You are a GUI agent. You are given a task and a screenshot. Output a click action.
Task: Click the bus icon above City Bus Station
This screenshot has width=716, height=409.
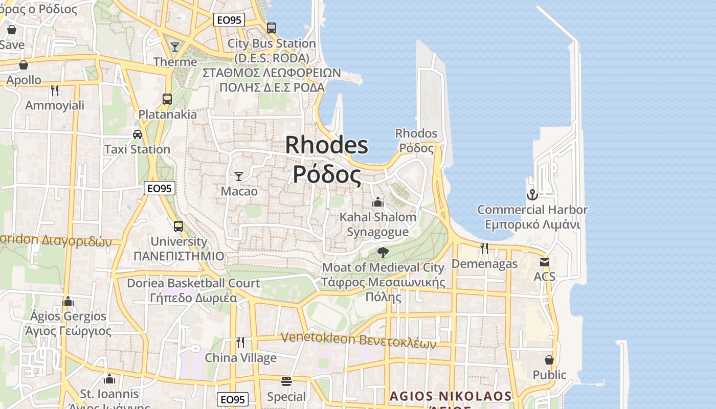tap(272, 28)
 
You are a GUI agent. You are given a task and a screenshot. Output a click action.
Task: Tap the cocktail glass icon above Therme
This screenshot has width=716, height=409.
tap(175, 47)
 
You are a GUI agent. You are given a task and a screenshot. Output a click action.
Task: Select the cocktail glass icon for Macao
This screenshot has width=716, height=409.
tap(239, 176)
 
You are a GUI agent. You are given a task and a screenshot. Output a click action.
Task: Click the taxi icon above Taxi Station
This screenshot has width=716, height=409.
tap(137, 134)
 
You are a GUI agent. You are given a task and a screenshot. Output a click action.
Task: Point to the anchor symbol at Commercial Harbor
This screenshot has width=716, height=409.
tap(532, 195)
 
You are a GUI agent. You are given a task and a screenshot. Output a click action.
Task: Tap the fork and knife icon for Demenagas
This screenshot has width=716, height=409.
tap(484, 248)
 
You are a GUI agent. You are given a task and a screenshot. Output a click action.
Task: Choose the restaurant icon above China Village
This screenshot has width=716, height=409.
tap(240, 342)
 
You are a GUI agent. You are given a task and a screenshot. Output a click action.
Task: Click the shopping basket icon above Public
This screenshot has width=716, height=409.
tap(549, 360)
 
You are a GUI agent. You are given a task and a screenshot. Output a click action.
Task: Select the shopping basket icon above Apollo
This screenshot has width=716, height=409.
tap(24, 65)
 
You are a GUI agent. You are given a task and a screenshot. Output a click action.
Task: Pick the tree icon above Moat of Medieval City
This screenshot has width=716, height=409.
tap(383, 252)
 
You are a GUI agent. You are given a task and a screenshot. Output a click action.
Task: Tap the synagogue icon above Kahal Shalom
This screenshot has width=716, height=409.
tap(378, 202)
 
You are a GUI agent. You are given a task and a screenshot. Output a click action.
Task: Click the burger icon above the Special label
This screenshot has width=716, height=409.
tap(286, 381)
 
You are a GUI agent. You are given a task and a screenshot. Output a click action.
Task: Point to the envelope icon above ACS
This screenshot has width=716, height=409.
tap(544, 262)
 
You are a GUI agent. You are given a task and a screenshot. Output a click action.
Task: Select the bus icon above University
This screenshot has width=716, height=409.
tap(178, 226)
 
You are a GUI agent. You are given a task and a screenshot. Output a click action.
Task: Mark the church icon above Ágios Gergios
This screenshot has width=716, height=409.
tap(68, 301)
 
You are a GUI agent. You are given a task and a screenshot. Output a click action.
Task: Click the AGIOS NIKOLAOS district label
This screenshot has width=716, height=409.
tap(450, 396)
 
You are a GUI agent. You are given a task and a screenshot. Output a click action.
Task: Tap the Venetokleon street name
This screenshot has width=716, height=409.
tap(358, 339)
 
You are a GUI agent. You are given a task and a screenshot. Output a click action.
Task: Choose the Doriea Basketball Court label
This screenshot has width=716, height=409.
tap(193, 283)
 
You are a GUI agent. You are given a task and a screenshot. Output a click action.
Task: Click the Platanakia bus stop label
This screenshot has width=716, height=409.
tap(167, 114)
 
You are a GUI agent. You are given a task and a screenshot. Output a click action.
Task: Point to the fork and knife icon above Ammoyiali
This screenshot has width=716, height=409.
tap(55, 90)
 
